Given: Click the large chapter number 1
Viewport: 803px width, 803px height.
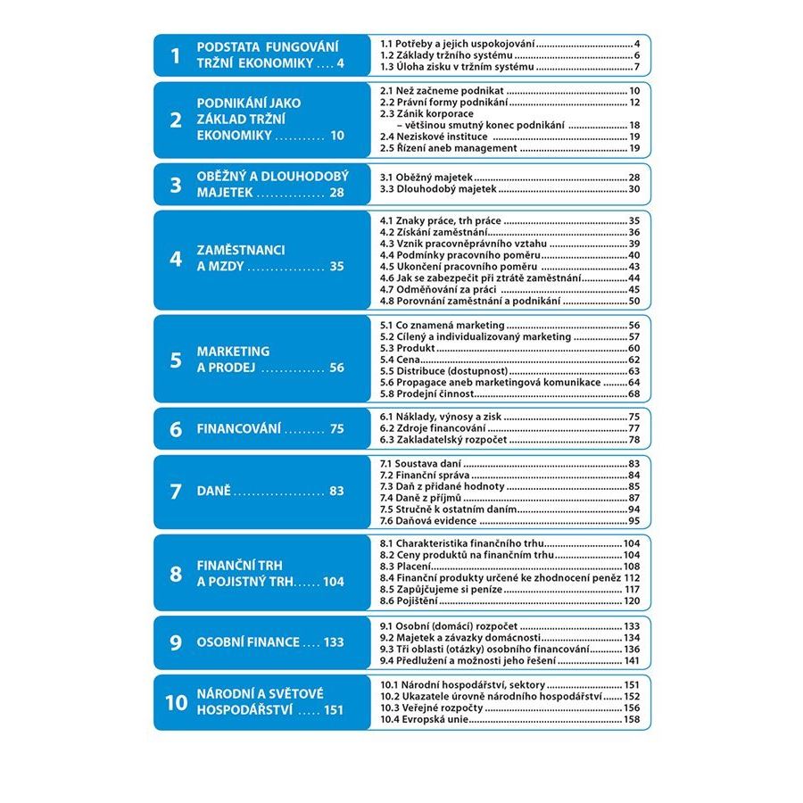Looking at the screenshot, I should (x=176, y=56).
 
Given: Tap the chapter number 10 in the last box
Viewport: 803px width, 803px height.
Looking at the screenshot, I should (x=176, y=702).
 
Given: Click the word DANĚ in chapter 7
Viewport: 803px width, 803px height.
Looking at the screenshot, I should (x=213, y=491).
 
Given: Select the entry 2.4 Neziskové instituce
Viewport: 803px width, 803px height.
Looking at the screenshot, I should (x=434, y=137).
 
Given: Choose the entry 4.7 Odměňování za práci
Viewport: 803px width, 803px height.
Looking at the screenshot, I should (x=437, y=289).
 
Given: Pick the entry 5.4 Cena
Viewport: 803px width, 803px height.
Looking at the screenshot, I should (x=401, y=360).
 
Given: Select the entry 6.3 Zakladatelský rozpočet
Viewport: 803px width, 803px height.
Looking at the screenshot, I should (x=443, y=440).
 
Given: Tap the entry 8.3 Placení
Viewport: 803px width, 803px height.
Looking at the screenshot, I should (x=407, y=567).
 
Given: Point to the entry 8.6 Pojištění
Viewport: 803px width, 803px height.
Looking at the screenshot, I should (x=411, y=602).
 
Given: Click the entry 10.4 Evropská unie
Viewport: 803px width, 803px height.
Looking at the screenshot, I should (x=425, y=719).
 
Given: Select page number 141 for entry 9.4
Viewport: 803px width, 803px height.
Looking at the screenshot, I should (x=632, y=661).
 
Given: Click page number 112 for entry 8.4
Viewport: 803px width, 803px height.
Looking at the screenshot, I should (x=632, y=578).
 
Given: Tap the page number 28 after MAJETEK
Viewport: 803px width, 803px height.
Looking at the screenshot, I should (x=335, y=192).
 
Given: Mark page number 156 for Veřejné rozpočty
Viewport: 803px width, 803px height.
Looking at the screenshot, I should (x=632, y=708).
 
